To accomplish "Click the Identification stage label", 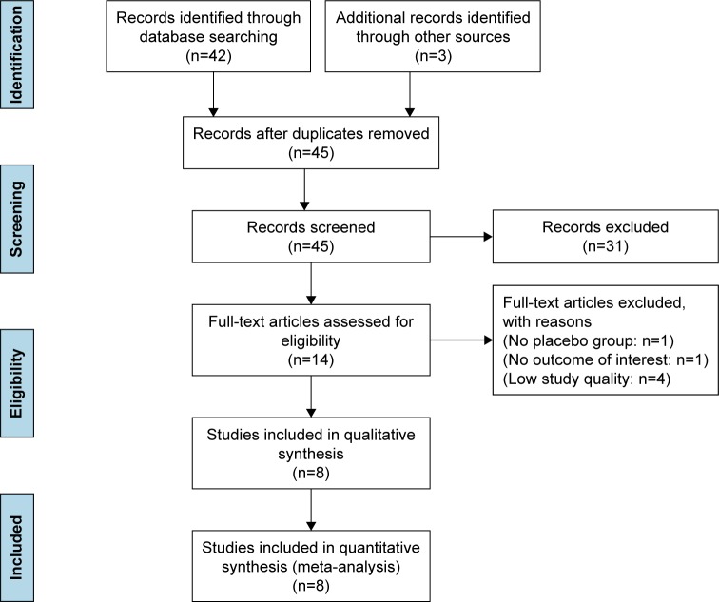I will pyautogui.click(x=23, y=57).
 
